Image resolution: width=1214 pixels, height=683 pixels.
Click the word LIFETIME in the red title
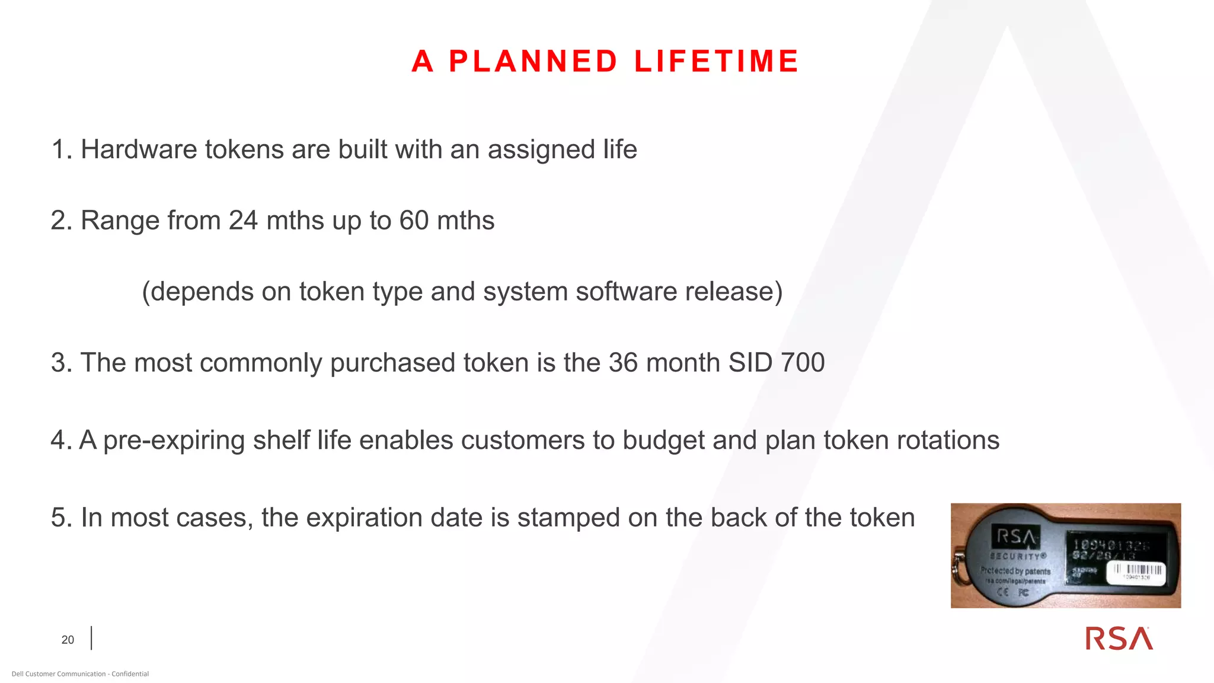click(717, 62)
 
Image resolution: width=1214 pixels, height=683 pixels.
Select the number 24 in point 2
click(243, 221)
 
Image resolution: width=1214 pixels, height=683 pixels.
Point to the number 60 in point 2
click(414, 221)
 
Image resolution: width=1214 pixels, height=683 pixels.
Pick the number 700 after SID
click(803, 363)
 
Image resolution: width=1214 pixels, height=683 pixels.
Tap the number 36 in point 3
click(623, 363)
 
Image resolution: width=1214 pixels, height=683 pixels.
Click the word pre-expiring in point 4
click(174, 441)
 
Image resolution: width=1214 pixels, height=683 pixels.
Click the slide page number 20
click(68, 640)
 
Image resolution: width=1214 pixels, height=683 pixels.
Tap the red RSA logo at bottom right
click(1119, 639)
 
